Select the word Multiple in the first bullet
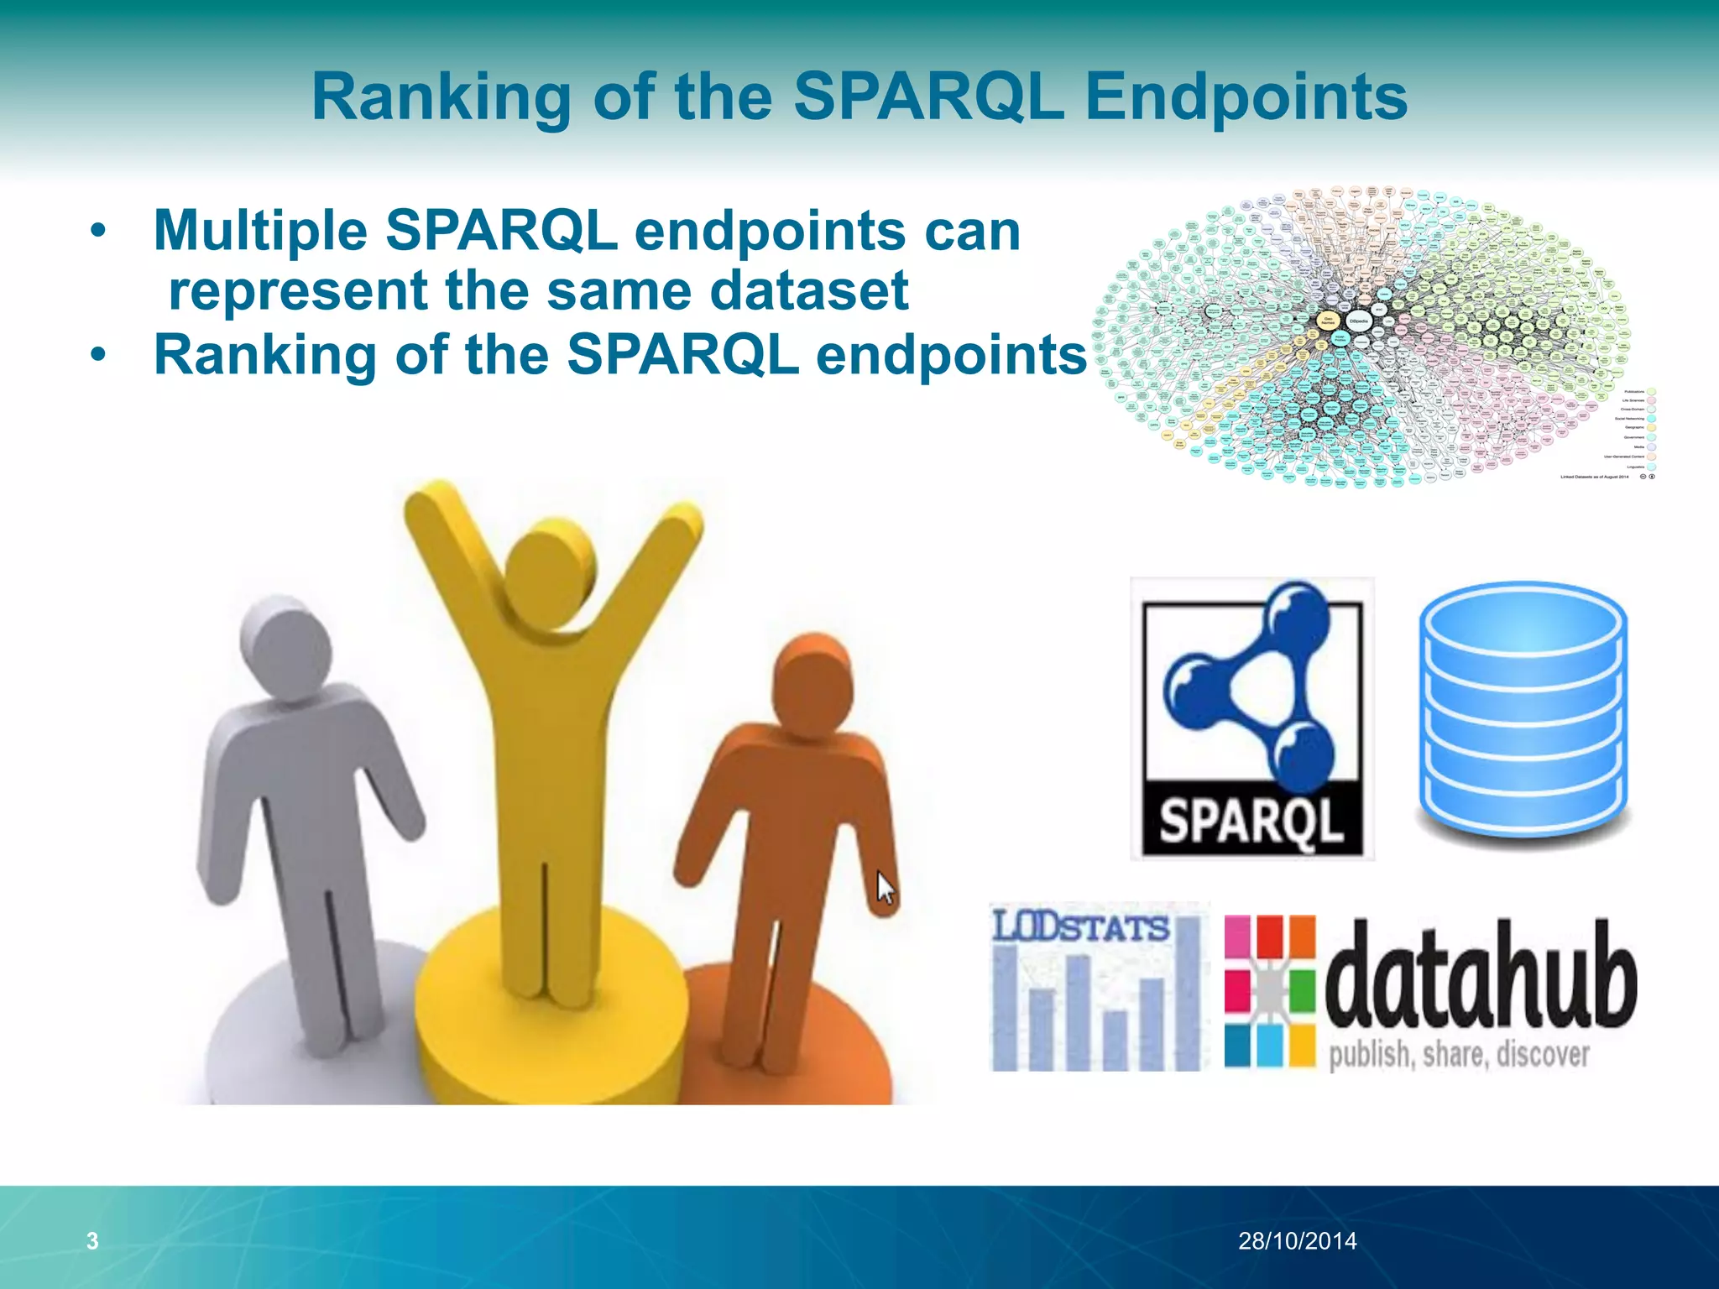click(260, 231)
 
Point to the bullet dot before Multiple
click(99, 231)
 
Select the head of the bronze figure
click(812, 684)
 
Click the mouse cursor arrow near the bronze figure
click(885, 888)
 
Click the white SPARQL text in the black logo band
click(1251, 821)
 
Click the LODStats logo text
click(1080, 928)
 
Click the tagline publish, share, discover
click(1459, 1055)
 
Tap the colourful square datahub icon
click(1269, 991)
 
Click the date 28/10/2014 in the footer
click(1297, 1240)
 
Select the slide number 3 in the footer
click(92, 1240)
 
